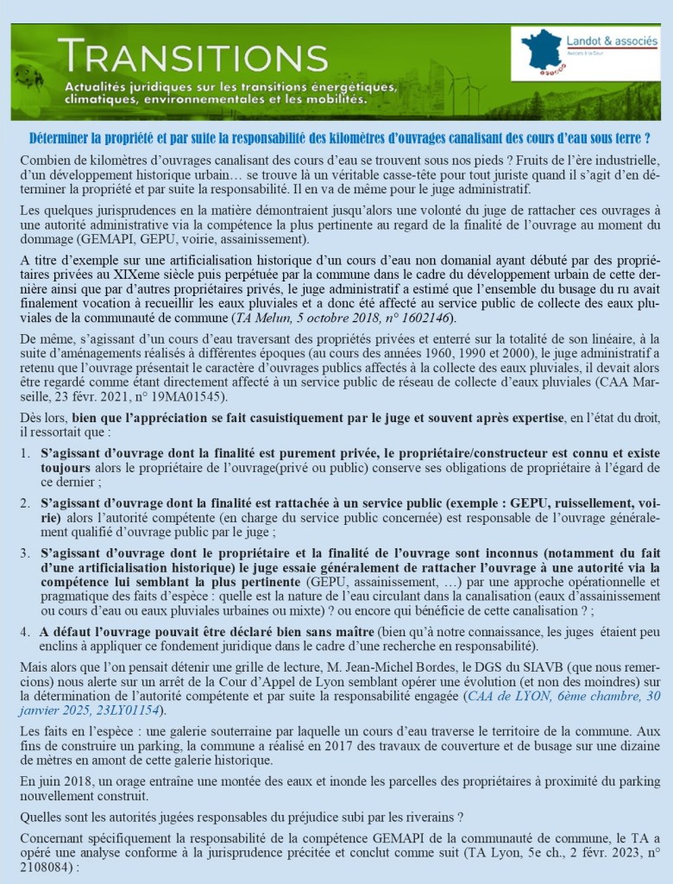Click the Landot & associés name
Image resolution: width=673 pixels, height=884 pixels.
[612, 41]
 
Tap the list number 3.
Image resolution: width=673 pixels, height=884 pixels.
[25, 552]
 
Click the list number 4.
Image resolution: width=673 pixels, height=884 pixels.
[25, 631]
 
